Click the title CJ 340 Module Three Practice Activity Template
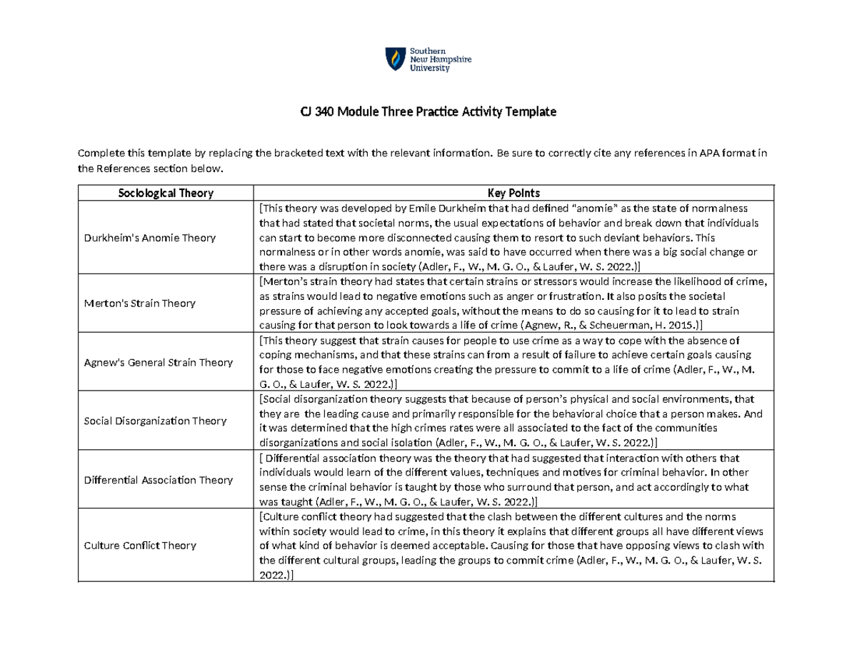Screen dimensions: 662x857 point(428,112)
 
